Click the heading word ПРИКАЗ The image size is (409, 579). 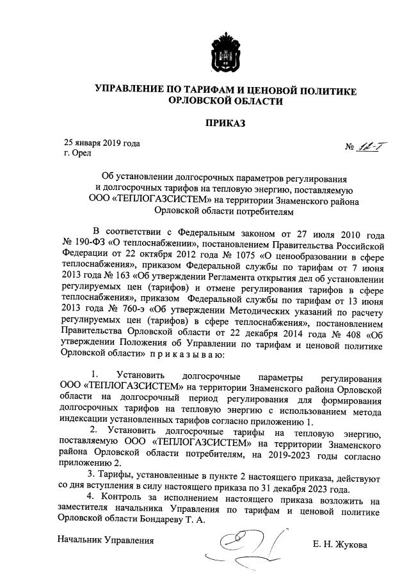point(224,123)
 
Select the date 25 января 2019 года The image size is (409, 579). point(102,143)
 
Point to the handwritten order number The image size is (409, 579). point(367,148)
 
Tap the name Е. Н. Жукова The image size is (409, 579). point(341,545)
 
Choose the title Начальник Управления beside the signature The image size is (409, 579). point(106,541)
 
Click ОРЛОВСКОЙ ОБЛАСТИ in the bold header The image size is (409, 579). point(224,101)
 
